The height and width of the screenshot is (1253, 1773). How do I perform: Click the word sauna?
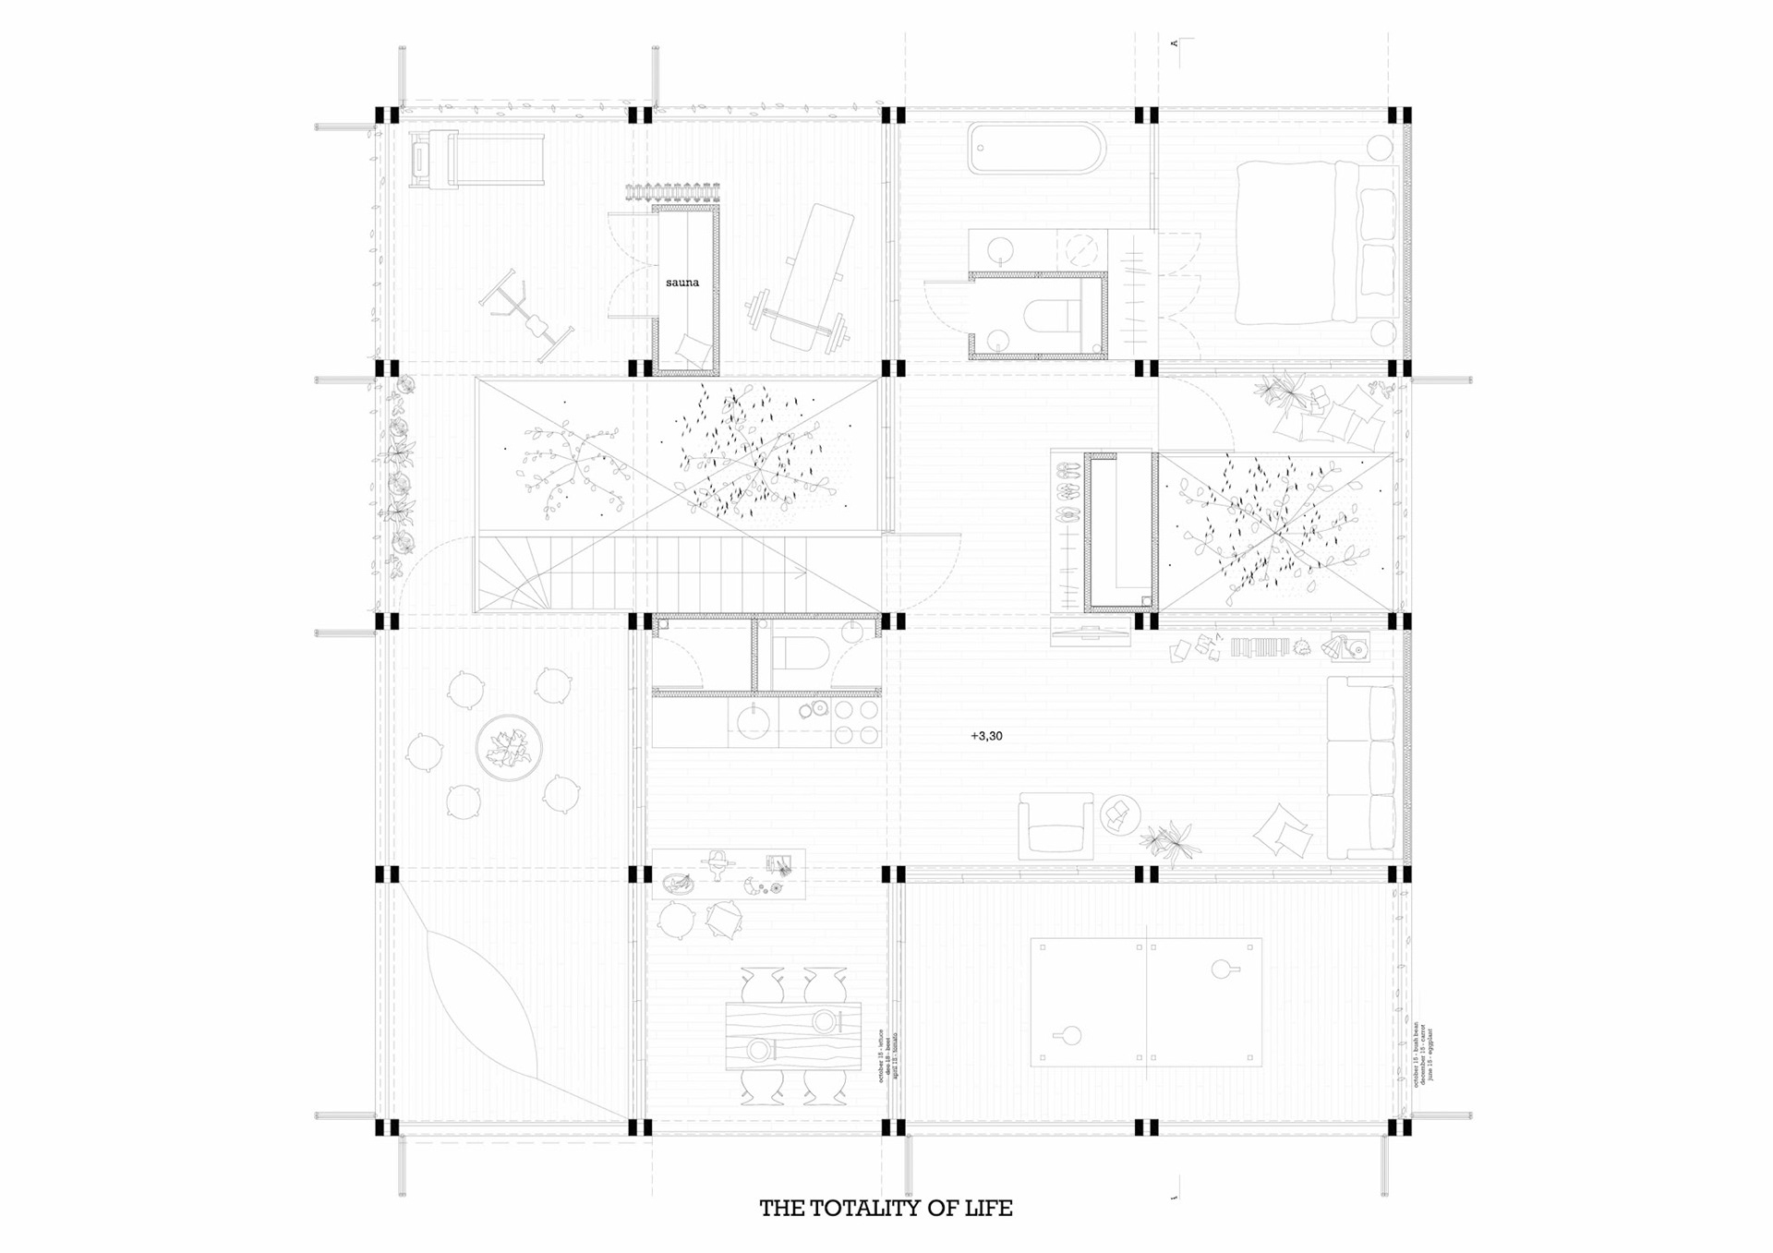(x=682, y=283)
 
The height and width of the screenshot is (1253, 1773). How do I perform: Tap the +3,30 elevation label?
(x=986, y=736)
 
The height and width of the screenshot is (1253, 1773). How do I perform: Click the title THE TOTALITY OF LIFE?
(x=886, y=1208)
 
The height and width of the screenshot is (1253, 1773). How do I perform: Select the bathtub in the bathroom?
(x=1036, y=150)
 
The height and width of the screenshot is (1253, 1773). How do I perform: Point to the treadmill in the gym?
(x=476, y=160)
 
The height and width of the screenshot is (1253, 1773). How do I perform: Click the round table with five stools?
(x=508, y=747)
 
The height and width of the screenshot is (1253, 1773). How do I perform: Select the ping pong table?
(x=1146, y=1003)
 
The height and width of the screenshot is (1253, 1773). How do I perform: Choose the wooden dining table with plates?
(x=793, y=1035)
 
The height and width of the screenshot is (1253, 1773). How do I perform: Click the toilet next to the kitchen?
(x=791, y=654)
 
